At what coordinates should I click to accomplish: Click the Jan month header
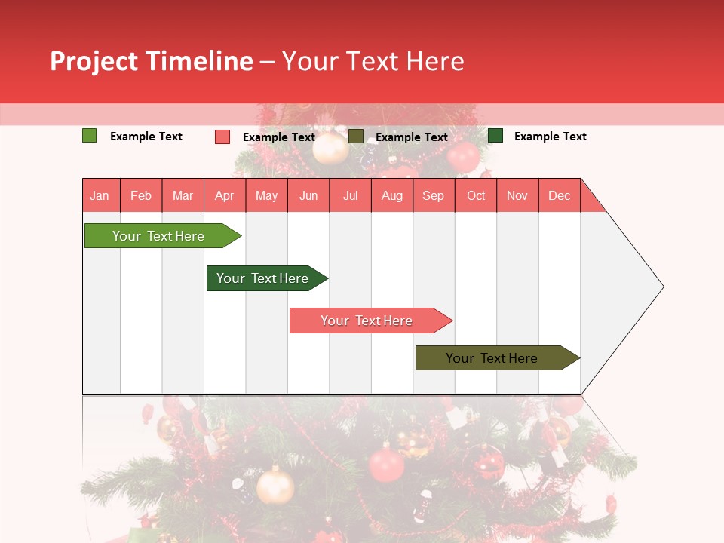click(100, 195)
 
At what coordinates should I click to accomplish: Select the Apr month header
click(224, 195)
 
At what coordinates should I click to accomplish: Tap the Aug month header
click(391, 195)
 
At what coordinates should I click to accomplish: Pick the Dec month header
click(559, 195)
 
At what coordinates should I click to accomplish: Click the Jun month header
click(308, 195)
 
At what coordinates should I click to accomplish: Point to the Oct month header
click(475, 195)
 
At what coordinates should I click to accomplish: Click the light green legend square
click(89, 136)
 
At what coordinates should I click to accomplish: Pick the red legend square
click(222, 137)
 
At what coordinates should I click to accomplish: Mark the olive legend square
click(355, 136)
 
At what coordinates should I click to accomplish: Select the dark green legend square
click(495, 135)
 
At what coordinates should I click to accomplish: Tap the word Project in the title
click(94, 62)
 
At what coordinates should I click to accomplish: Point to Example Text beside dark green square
click(550, 137)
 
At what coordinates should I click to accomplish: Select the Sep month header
click(433, 195)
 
